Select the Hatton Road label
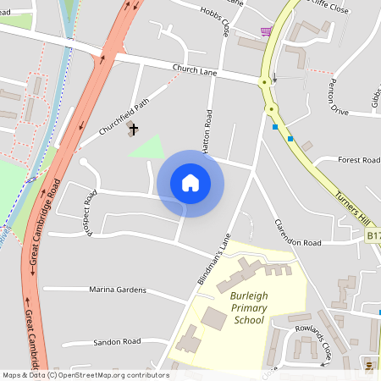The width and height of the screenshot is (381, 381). (205, 130)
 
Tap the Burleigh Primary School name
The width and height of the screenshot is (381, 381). (248, 309)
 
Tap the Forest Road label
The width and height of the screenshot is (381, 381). (359, 159)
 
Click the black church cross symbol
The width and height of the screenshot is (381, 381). (133, 129)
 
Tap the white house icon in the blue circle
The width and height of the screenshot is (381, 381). (190, 183)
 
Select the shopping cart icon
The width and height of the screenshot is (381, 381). (267, 32)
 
